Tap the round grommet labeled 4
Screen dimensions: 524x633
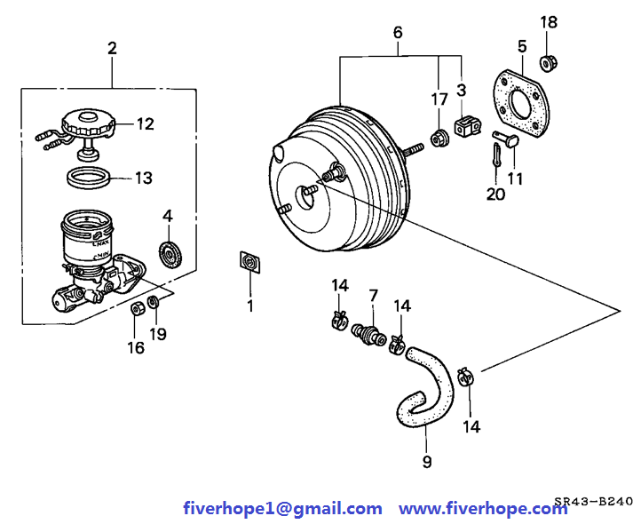coord(169,254)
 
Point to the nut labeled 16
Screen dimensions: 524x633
coord(138,310)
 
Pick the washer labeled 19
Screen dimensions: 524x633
coord(154,305)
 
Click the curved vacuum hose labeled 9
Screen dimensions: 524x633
coord(427,387)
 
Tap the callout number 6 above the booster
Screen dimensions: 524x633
coord(397,33)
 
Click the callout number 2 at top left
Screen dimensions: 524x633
coord(112,48)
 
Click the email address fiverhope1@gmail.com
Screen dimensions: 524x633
coord(282,509)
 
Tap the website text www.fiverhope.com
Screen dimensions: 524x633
coord(483,509)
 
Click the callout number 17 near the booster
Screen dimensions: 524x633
coord(439,99)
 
